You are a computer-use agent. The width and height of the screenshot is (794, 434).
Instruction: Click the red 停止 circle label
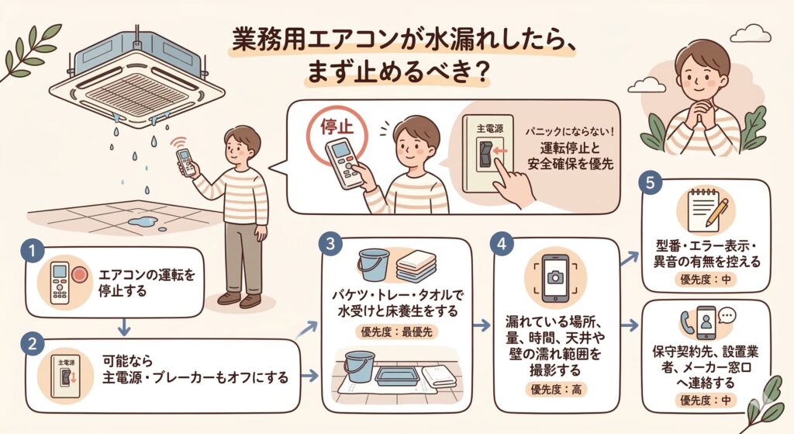tap(331, 127)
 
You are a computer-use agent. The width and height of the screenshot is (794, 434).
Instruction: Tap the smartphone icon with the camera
tap(554, 278)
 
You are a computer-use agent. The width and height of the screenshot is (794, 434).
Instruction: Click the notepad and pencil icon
tap(704, 209)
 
